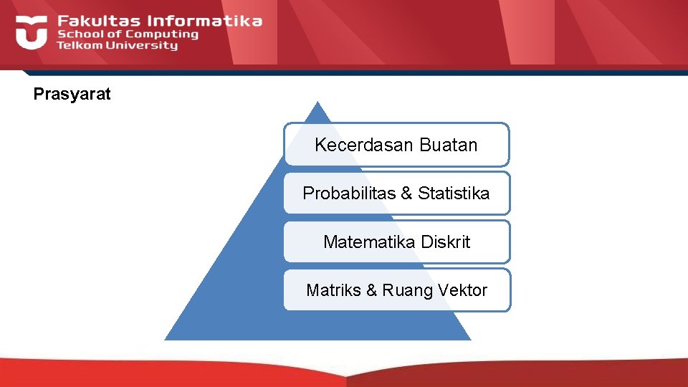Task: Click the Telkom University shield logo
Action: pyautogui.click(x=31, y=32)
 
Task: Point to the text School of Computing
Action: pyautogui.click(x=128, y=34)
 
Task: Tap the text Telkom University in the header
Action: pyautogui.click(x=117, y=45)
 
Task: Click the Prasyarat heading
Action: pyautogui.click(x=72, y=94)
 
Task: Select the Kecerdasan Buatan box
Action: pyautogui.click(x=396, y=145)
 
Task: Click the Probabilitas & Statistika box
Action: pyautogui.click(x=396, y=193)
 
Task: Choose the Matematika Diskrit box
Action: pyautogui.click(x=396, y=242)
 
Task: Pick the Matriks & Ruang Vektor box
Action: pyautogui.click(x=396, y=290)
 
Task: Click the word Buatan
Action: pyautogui.click(x=448, y=145)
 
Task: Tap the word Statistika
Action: pyautogui.click(x=454, y=193)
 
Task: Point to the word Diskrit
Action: pyautogui.click(x=446, y=242)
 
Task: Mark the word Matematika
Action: pyautogui.click(x=370, y=242)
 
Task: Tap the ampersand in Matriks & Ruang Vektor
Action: pyautogui.click(x=371, y=290)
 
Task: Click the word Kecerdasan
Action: pyautogui.click(x=364, y=145)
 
